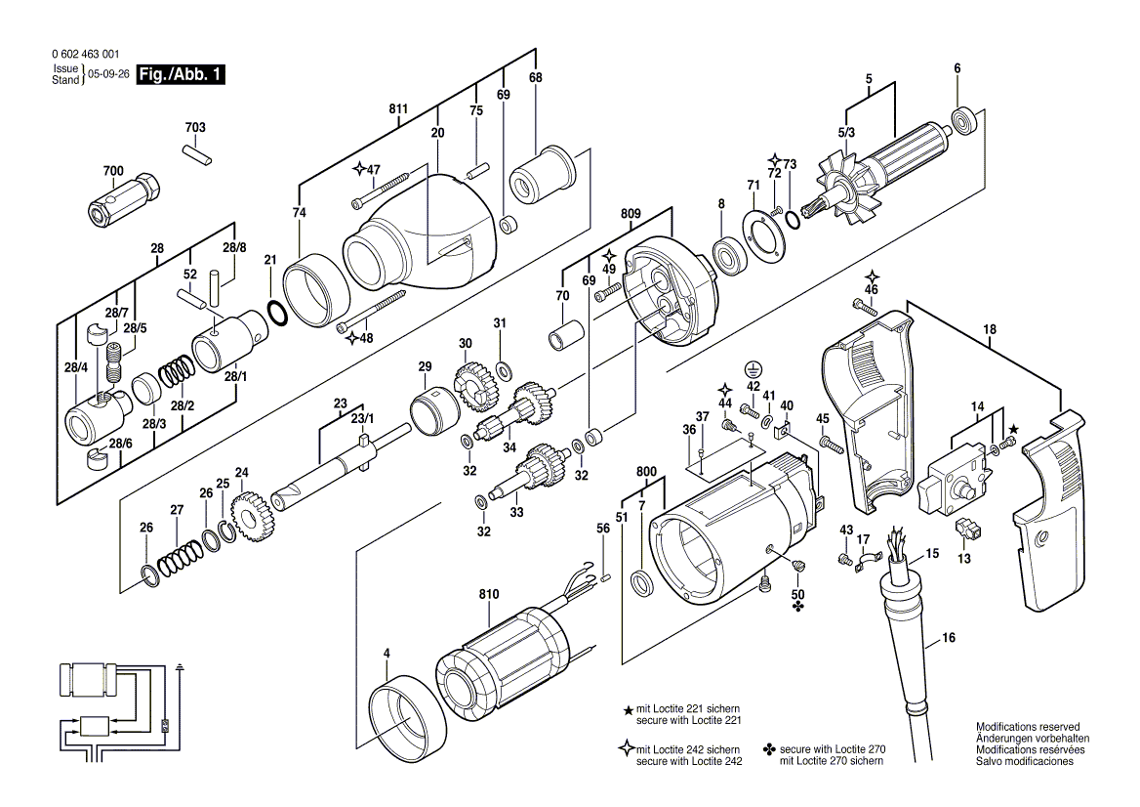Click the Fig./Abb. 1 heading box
pos(181,74)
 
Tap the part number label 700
pos(113,171)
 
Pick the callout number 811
pos(398,109)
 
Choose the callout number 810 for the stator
pos(488,594)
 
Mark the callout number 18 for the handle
pos(991,330)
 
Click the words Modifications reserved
pos(1028,728)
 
